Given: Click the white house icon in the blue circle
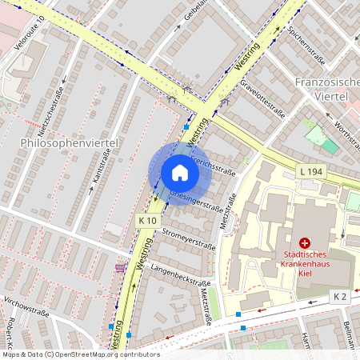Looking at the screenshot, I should [180, 173].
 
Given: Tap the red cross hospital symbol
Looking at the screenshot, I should [304, 242].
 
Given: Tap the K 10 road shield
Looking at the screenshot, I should [147, 220].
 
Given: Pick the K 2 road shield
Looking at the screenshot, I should [340, 296].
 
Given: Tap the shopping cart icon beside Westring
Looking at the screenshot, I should [121, 267].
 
